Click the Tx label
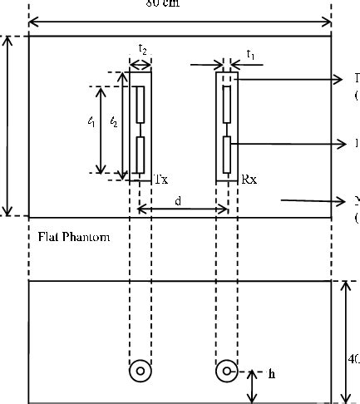coord(161,178)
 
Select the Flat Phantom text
coord(74,237)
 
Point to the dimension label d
coord(178,200)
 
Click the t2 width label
coord(143,52)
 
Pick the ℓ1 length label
coord(91,121)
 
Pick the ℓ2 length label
coord(114,121)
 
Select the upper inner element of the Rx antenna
coord(227,103)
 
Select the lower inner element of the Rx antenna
coord(227,154)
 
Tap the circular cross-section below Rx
coord(226,372)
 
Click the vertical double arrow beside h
coord(253,387)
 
